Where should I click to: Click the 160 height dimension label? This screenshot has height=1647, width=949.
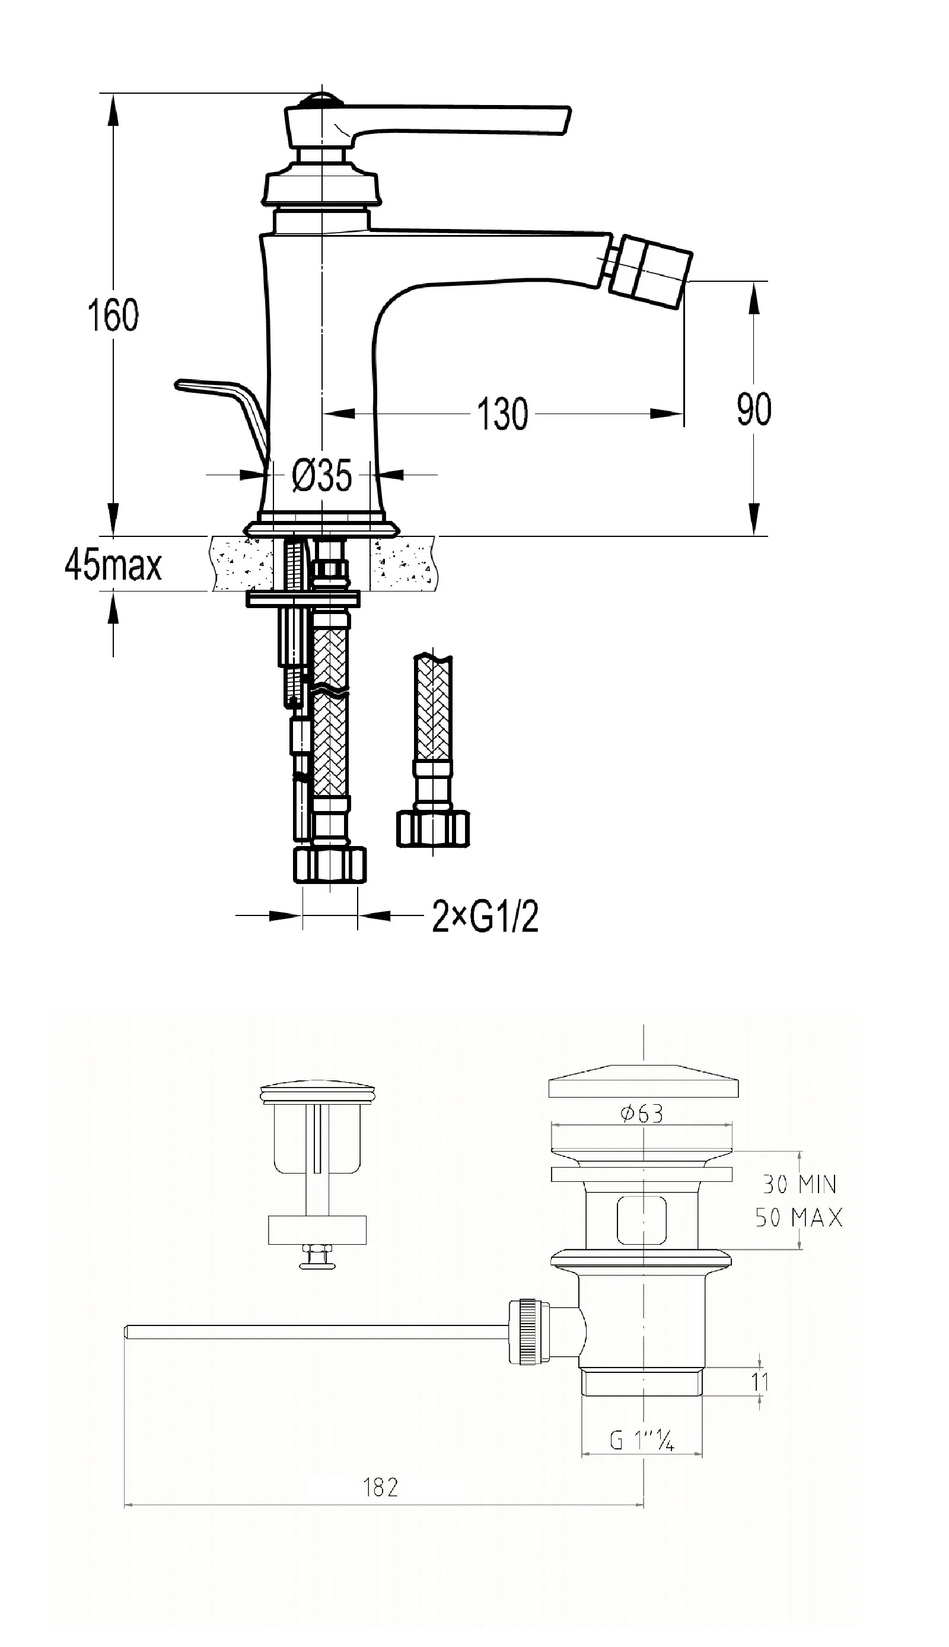pyautogui.click(x=113, y=315)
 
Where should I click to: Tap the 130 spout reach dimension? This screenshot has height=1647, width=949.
pyautogui.click(x=502, y=414)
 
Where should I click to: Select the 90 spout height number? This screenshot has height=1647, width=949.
pyautogui.click(x=753, y=409)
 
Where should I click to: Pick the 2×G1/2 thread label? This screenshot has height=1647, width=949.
pyautogui.click(x=486, y=917)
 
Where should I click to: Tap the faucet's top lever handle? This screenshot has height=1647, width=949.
pyautogui.click(x=456, y=121)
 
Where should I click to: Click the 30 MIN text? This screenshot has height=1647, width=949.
pyautogui.click(x=799, y=1184)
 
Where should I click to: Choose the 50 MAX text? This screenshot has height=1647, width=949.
pyautogui.click(x=799, y=1217)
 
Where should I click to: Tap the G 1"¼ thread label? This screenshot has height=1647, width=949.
pyautogui.click(x=642, y=1441)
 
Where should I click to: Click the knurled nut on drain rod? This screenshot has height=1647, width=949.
pyautogui.click(x=526, y=1331)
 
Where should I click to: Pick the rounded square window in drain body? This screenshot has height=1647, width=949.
pyautogui.click(x=642, y=1220)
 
